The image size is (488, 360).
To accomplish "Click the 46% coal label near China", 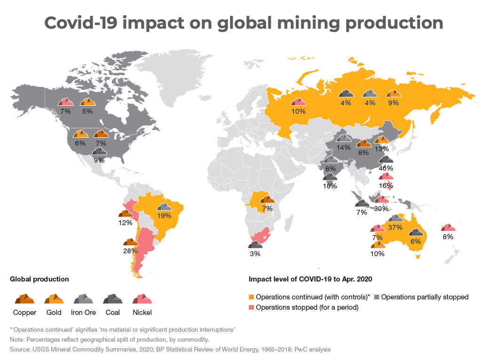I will coord(386,168).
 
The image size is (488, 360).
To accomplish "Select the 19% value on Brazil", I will coord(165,216).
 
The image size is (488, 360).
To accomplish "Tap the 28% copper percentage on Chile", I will coord(130,251).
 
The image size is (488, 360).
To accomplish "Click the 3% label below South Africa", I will coord(255,253).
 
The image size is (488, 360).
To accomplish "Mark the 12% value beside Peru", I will coord(126,222).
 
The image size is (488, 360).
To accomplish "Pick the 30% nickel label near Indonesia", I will coord(381,209).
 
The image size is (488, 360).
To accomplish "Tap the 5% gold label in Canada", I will coord(87,111).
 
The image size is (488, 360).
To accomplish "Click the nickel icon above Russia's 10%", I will coord(299,101).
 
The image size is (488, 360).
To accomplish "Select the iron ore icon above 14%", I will coord(344,137).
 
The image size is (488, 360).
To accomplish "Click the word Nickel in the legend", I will coord(143,312).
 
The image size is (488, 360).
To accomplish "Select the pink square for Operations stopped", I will coord(252,307).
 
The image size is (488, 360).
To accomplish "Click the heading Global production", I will coord(39,279).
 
